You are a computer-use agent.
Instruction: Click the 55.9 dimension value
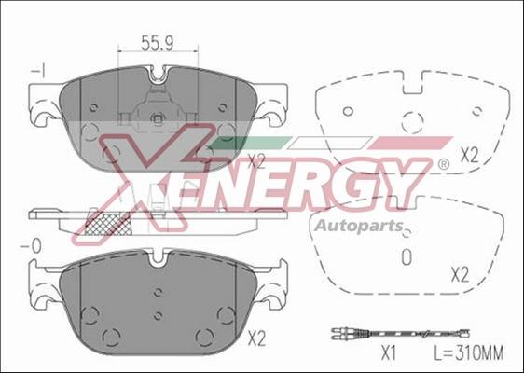pos(158,43)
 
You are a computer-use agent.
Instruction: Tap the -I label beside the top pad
pos(37,71)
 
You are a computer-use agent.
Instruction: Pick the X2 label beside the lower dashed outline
pos(459,273)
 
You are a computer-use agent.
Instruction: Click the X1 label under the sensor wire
pos(389,353)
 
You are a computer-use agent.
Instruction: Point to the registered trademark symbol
pos(442,164)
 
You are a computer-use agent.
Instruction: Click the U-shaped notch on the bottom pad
pos(158,260)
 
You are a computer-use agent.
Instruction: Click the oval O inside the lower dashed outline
pos(405,256)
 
